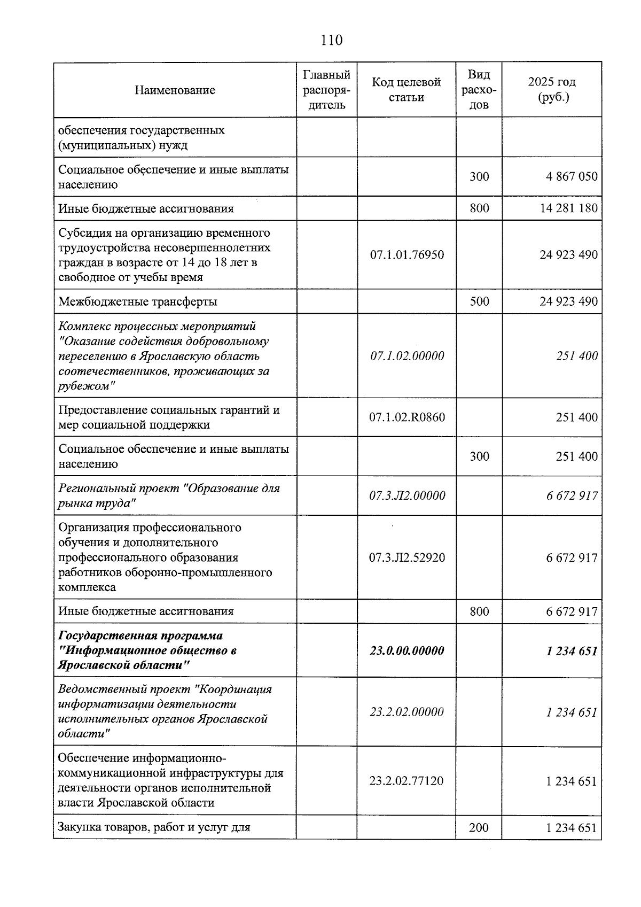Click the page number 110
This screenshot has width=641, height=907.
pyautogui.click(x=332, y=40)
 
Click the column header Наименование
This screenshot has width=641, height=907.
pyautogui.click(x=175, y=90)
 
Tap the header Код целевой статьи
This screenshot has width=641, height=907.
pyautogui.click(x=406, y=89)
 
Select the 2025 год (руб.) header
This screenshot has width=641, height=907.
pyautogui.click(x=551, y=89)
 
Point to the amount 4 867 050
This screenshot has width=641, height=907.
pyautogui.click(x=572, y=176)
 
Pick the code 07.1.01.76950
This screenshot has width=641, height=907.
pyautogui.click(x=407, y=254)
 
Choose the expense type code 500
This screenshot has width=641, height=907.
pyautogui.click(x=479, y=301)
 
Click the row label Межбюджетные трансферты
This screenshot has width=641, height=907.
pyautogui.click(x=138, y=301)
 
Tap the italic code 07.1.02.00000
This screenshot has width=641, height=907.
pyautogui.click(x=407, y=356)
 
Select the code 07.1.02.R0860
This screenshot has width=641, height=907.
pyautogui.click(x=407, y=417)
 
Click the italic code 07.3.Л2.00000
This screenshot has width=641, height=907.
pyautogui.click(x=407, y=495)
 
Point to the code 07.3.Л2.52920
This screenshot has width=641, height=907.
pyautogui.click(x=407, y=557)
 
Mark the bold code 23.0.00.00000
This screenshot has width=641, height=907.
pyautogui.click(x=407, y=650)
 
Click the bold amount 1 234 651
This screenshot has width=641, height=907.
pyautogui.click(x=572, y=651)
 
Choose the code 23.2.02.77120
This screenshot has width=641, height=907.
pyautogui.click(x=407, y=781)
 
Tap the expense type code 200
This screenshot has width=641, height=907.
pyautogui.click(x=479, y=827)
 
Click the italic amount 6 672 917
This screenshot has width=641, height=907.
pyautogui.click(x=572, y=496)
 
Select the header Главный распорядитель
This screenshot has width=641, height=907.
pyautogui.click(x=326, y=89)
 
